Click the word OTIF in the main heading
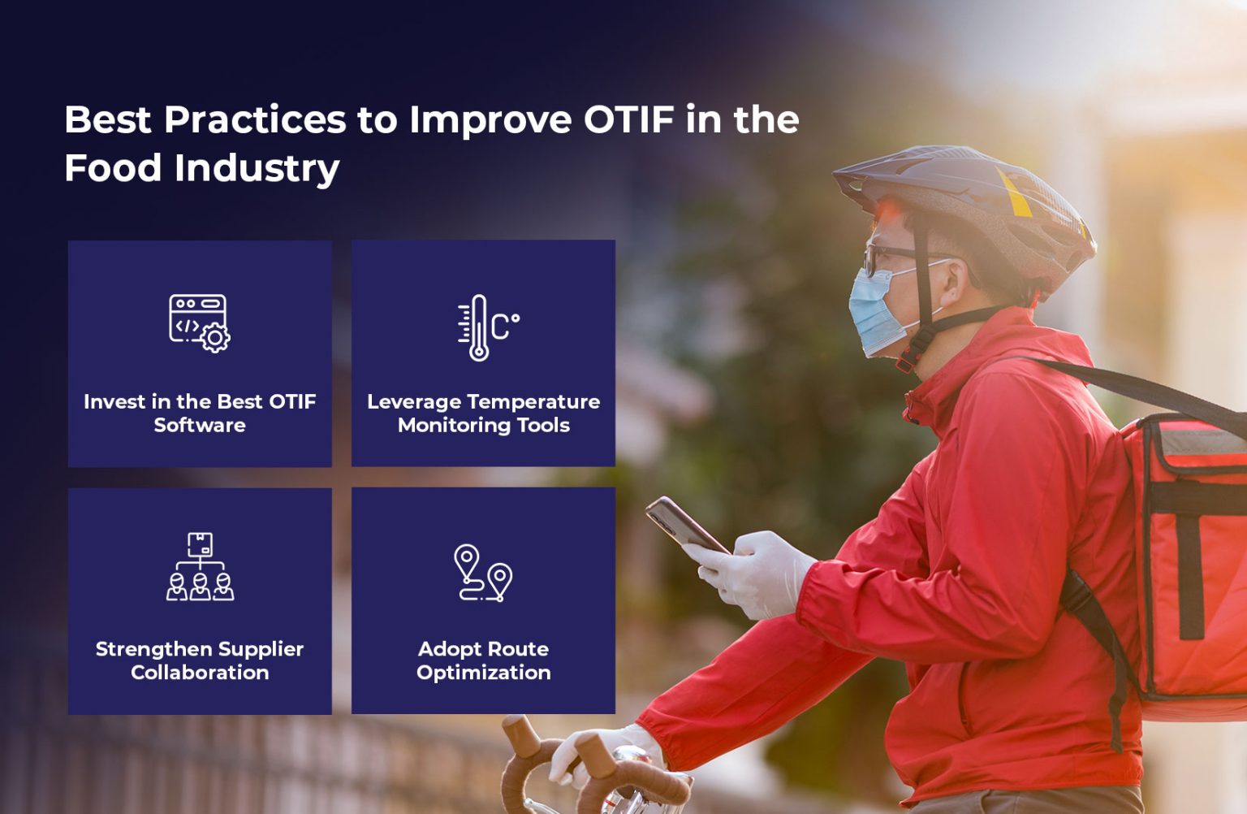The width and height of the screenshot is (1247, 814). coord(628,120)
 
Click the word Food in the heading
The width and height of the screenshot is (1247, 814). coord(113,168)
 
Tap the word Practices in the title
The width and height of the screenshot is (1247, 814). coord(255,120)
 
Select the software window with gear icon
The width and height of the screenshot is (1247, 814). coord(199,323)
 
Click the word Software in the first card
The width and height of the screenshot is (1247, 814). coord(200,425)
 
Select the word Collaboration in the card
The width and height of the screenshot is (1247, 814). coord(200,673)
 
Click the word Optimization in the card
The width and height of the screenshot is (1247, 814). coord(484,673)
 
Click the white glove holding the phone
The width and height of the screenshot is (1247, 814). coord(751,573)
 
